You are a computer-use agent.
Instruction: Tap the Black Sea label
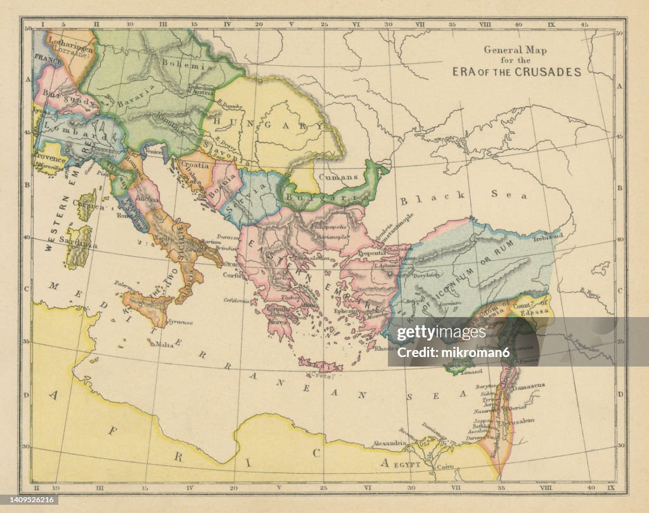(463, 196)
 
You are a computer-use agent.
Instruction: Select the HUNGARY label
(259, 123)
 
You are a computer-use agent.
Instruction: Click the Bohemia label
(179, 64)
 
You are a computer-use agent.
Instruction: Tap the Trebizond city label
(548, 236)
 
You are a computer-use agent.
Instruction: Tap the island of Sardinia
(79, 249)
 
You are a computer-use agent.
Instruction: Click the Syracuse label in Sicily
(180, 321)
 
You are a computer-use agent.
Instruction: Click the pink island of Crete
(320, 366)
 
